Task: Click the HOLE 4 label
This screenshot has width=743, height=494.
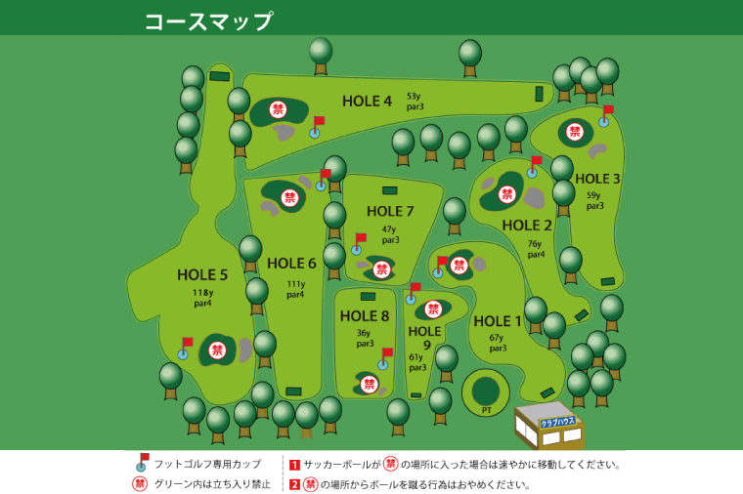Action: pyautogui.click(x=367, y=101)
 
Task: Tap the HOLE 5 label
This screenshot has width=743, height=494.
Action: pyautogui.click(x=202, y=274)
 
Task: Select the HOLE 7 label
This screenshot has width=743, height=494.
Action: pyautogui.click(x=390, y=211)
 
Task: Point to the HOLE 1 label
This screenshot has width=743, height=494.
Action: pyautogui.click(x=498, y=321)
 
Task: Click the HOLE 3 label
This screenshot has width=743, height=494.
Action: pyautogui.click(x=597, y=179)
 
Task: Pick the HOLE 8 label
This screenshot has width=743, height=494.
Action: pyautogui.click(x=365, y=315)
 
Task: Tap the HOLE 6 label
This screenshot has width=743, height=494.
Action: pyautogui.click(x=291, y=263)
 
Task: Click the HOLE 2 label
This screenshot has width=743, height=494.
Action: pyautogui.click(x=527, y=226)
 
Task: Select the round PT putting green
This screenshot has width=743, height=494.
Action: pyautogui.click(x=486, y=391)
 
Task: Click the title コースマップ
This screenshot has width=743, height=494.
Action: pyautogui.click(x=208, y=21)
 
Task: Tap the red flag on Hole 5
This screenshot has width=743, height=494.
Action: pyautogui.click(x=188, y=343)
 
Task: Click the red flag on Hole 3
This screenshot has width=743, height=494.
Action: pyautogui.click(x=608, y=110)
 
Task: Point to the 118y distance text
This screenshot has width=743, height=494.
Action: pyautogui.click(x=202, y=292)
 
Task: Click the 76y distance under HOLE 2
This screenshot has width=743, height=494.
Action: pyautogui.click(x=535, y=244)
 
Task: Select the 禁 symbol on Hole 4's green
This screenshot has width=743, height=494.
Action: pyautogui.click(x=278, y=110)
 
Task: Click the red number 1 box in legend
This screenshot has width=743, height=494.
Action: pyautogui.click(x=294, y=465)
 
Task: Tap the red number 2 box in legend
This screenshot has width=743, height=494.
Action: pyautogui.click(x=294, y=484)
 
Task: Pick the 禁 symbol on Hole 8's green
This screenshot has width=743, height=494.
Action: pyautogui.click(x=370, y=385)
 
